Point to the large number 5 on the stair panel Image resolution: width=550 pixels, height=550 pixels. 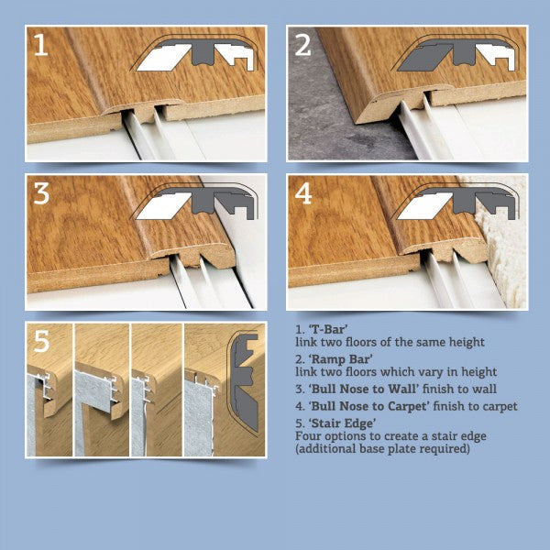[42, 343]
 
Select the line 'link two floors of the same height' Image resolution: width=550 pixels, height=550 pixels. [390, 342]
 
